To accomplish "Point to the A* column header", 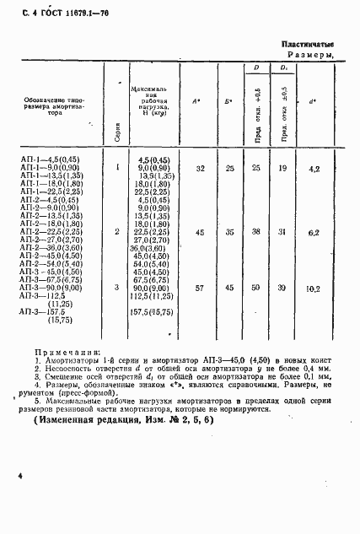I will [x=196, y=102].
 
